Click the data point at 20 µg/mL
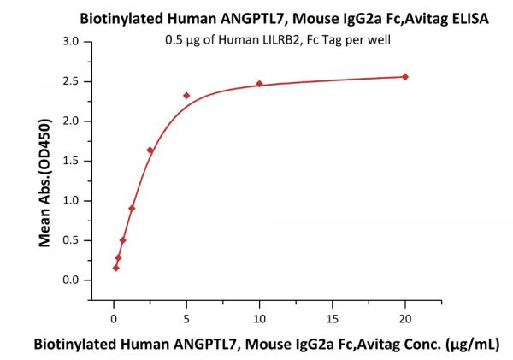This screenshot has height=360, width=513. (405, 77)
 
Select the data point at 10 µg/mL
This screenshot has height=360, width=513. (259, 84)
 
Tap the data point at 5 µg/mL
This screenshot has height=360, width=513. (186, 95)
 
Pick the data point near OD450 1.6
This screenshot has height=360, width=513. (150, 150)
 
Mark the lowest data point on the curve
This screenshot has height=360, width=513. (116, 268)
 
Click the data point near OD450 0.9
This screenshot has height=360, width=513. (132, 208)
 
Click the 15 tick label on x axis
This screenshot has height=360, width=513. (333, 318)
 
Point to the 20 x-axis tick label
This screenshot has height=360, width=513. (405, 318)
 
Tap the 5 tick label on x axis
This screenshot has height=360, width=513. (186, 318)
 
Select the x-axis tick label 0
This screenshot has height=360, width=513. (114, 318)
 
